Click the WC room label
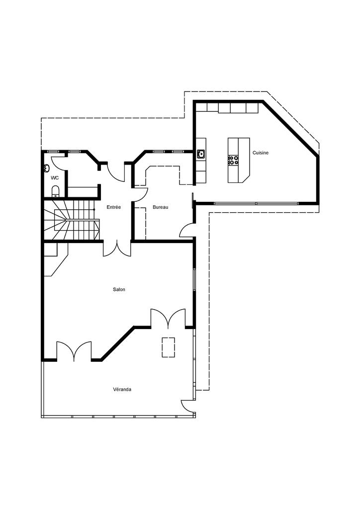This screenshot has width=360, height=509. (x=55, y=177)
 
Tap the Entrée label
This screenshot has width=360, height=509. (x=114, y=207)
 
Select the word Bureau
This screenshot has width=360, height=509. (x=160, y=207)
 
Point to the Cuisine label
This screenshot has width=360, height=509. (x=260, y=153)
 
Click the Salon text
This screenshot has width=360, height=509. (x=119, y=289)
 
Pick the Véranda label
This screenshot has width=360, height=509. (x=122, y=390)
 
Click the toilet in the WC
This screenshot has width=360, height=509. (x=56, y=190)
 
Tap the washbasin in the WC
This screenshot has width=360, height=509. (x=46, y=168)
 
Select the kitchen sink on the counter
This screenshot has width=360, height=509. (x=201, y=154)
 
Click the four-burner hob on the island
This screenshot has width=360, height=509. (x=233, y=160)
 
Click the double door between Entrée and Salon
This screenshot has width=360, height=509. (x=117, y=248)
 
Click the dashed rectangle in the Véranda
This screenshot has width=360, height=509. (x=168, y=346)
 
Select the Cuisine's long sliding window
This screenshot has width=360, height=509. (x=256, y=203)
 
